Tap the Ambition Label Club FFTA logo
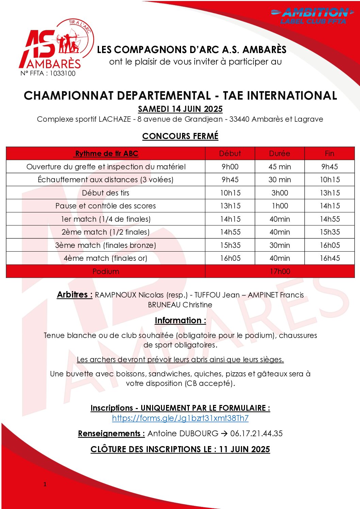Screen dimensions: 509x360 [312, 16]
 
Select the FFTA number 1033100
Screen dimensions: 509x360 [48, 73]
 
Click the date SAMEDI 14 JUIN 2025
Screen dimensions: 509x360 [180, 109]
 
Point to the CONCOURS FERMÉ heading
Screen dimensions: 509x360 [180, 136]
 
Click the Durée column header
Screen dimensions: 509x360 [279, 154]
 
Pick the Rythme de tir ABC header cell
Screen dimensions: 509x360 [106, 154]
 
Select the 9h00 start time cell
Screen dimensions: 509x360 [230, 167]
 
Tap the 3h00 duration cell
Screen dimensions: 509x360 [279, 193]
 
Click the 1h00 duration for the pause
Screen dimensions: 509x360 [279, 206]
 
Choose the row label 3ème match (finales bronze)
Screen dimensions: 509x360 [105, 245]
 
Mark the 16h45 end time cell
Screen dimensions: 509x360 [329, 258]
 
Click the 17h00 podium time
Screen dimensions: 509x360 [280, 271]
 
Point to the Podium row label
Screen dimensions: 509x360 [105, 271]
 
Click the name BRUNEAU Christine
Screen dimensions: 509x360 [180, 305]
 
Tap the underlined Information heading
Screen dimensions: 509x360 [180, 321]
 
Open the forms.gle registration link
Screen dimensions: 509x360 [180, 418]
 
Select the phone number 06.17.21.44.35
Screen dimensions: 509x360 [256, 434]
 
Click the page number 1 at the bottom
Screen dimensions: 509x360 [45, 484]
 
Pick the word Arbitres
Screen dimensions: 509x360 [75, 295]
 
